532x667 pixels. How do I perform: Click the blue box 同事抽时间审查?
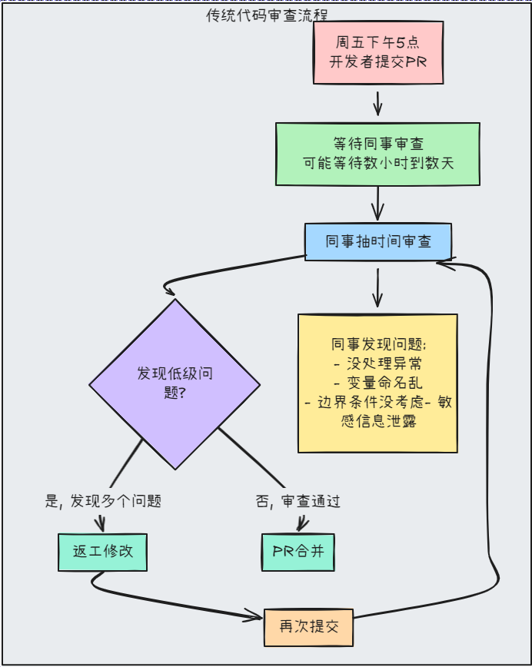pos(377,241)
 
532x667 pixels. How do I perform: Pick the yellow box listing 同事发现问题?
pos(377,383)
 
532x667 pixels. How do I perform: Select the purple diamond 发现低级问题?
pos(175,383)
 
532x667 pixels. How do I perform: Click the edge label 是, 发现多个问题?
pos(104,501)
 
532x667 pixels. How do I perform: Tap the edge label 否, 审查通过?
pos(298,501)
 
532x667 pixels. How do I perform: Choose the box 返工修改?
pos(102,552)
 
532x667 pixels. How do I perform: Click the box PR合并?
pos(298,552)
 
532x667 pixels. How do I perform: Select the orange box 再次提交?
pos(308,627)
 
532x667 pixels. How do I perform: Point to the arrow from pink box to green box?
pos(377,103)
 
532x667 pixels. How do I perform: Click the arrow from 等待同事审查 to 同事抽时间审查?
pos(377,204)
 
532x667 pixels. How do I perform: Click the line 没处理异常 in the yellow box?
pos(377,363)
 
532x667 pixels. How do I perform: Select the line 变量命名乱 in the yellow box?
pos(377,383)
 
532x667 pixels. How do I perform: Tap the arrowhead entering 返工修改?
pos(99,526)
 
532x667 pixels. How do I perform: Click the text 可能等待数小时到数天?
pos(377,164)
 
